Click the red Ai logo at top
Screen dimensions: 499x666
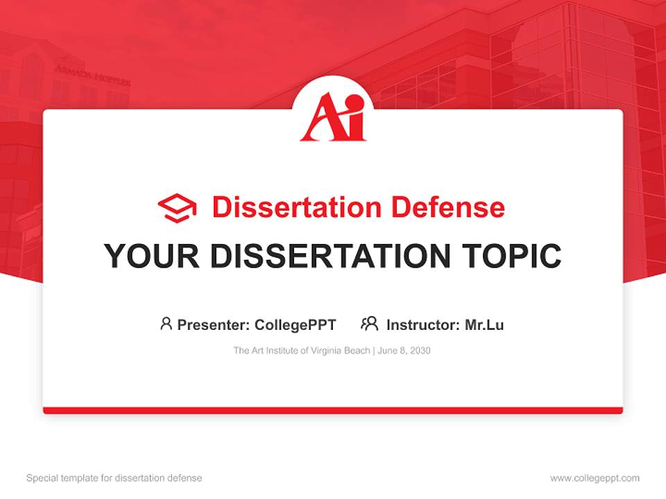click(332, 118)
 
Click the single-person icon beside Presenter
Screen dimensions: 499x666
click(166, 324)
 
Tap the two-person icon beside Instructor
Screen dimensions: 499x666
click(369, 324)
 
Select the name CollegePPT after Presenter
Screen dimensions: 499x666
click(295, 324)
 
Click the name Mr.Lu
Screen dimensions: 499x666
click(484, 324)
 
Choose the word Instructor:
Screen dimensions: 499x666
click(422, 324)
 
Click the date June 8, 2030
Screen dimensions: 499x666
click(404, 351)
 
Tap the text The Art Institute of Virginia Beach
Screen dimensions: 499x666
click(302, 351)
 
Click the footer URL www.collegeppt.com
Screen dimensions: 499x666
click(595, 478)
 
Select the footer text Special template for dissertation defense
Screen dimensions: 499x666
click(114, 478)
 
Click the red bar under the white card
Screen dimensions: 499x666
click(333, 410)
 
